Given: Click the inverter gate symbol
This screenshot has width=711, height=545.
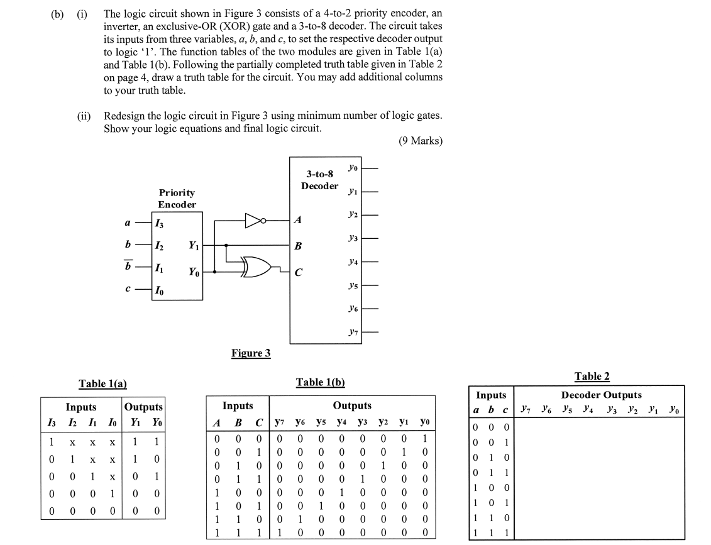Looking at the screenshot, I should tap(255, 221).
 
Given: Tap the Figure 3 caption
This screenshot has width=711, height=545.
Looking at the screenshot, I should tap(251, 353).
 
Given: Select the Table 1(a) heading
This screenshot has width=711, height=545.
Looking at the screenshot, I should tap(102, 383).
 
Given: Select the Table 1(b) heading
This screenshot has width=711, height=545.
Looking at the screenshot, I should tap(320, 382).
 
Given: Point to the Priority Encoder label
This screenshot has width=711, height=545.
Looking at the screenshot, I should tap(177, 198).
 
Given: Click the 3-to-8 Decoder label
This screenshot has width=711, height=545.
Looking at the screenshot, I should tap(319, 180).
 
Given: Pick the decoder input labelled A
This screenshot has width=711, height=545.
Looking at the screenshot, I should tap(298, 221).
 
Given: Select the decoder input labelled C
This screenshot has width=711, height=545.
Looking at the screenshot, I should tap(298, 272).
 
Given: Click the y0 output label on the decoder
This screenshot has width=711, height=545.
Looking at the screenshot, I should tap(352, 167).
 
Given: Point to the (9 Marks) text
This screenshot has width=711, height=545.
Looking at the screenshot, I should tap(420, 141).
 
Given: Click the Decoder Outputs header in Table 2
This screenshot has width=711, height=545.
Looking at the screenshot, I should tap(601, 395).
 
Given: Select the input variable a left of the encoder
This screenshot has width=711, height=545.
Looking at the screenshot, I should tap(128, 221).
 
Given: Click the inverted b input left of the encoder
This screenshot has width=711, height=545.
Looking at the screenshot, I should tap(128, 266).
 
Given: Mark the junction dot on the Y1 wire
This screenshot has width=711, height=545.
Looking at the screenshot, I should tap(226, 245).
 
